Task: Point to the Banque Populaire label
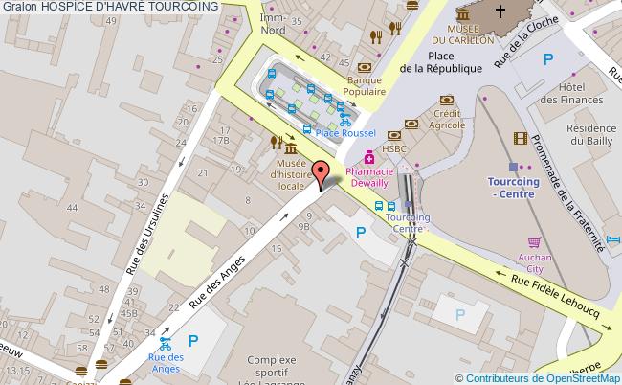365,87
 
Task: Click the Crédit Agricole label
446,120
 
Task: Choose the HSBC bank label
395,148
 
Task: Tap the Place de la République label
440,61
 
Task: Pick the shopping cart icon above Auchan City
534,242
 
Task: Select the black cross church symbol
500,12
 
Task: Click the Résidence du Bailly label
590,135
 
